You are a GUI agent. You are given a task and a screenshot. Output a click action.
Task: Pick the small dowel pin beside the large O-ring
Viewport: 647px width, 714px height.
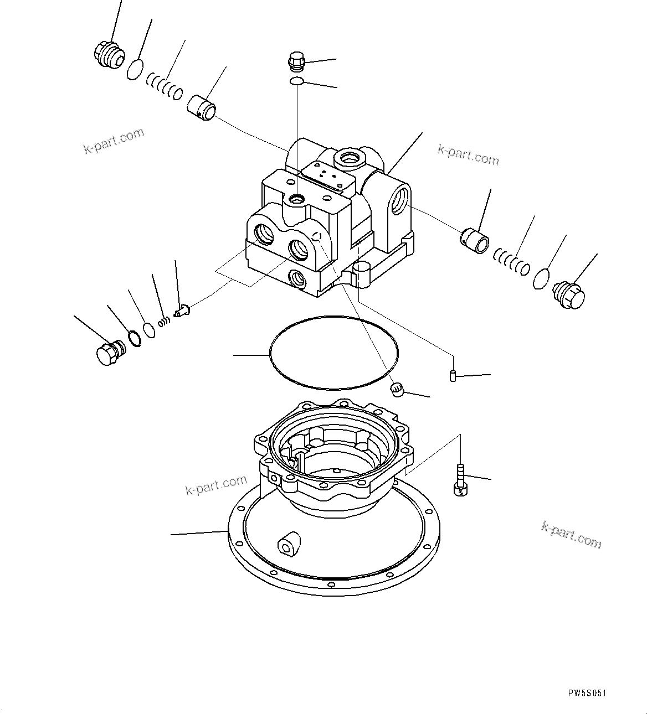point(452,376)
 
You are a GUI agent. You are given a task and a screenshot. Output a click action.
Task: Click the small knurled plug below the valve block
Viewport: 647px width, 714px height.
point(397,390)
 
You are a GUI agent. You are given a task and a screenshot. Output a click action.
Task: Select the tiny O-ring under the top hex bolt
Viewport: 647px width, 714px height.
point(296,82)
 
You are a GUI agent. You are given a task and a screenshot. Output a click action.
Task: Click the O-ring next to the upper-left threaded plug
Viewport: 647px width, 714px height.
point(134,70)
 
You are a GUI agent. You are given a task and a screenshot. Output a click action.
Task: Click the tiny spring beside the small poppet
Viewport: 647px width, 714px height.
point(163,322)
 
